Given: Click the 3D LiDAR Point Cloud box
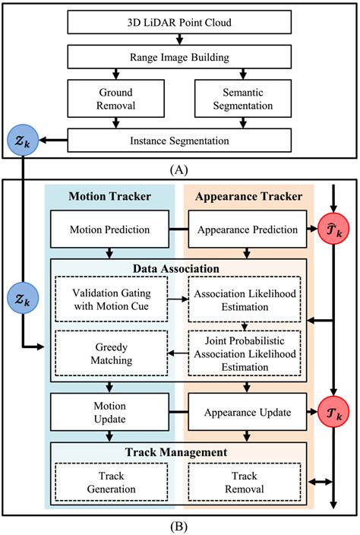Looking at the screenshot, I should tap(179, 23).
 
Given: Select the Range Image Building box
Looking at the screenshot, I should tap(179, 57).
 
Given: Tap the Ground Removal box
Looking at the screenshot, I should tap(112, 98).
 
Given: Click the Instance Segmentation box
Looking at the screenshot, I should tap(179, 140).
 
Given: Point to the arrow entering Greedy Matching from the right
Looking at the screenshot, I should tap(177, 352).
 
